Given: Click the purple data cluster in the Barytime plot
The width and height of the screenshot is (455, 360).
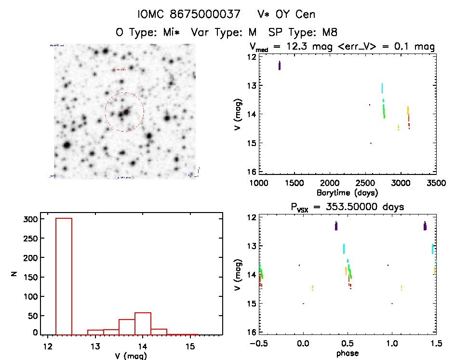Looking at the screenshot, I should pyautogui.click(x=280, y=66).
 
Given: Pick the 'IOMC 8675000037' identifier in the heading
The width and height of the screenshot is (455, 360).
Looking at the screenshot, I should pyautogui.click(x=189, y=14).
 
